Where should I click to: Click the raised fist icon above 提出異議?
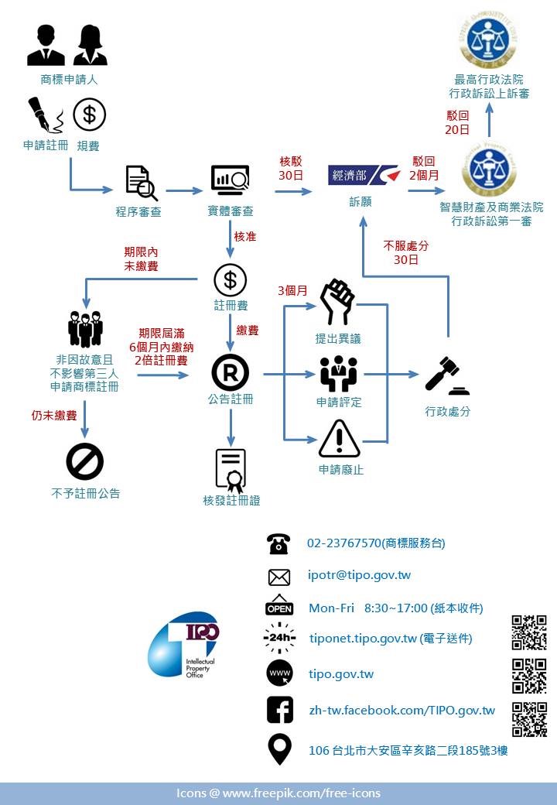point(337,302)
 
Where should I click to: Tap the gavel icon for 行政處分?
point(446,375)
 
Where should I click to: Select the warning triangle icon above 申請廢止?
point(339,439)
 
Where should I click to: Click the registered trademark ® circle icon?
point(230,373)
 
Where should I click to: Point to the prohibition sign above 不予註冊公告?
point(84,463)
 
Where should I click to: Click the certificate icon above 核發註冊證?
point(231,471)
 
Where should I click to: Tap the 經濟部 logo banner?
point(363,175)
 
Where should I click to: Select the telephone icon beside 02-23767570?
point(278,543)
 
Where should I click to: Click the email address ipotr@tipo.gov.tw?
point(359,575)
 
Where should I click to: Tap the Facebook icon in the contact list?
point(279,710)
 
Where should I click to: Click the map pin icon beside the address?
point(279,749)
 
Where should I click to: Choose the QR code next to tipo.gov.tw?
point(529,676)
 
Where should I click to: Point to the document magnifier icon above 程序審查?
point(141,183)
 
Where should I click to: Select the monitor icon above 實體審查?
point(230,180)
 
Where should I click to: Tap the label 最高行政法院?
point(488,79)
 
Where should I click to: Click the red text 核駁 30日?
point(291,169)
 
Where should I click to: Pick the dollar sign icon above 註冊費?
point(230,279)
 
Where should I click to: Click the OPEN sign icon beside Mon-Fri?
point(279,606)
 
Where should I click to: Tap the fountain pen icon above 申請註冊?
point(45,115)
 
